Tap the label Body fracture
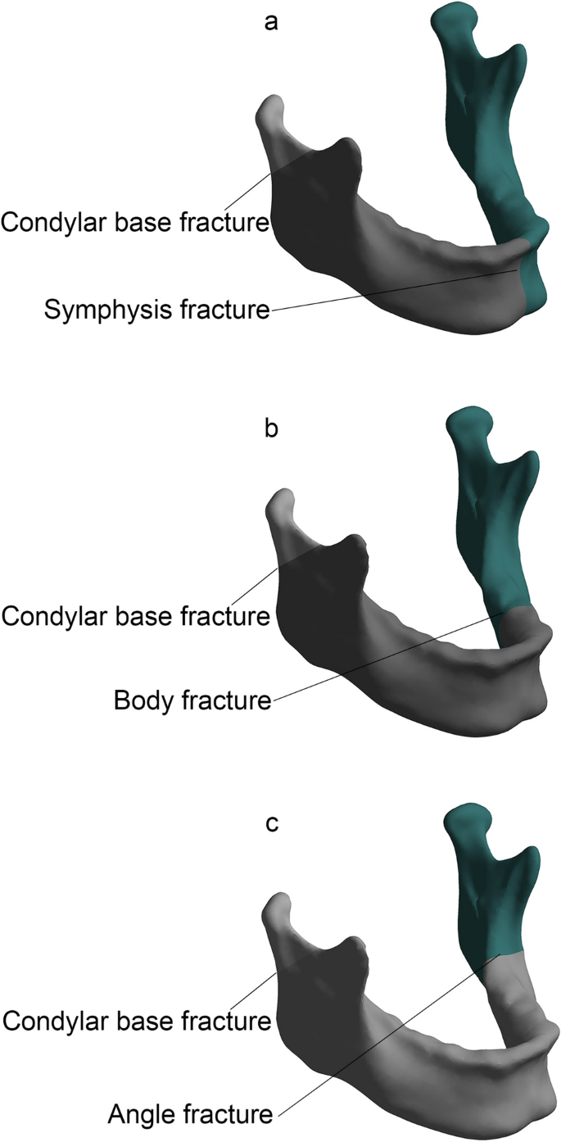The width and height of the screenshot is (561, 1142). point(192,701)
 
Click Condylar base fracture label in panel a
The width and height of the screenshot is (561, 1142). point(135,222)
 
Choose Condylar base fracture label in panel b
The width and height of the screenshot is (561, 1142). point(135,615)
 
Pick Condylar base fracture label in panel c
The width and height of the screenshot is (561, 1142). point(136,1021)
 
